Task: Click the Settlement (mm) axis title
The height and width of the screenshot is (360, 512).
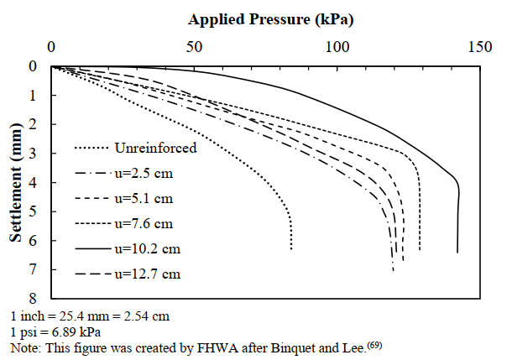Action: pos(18,181)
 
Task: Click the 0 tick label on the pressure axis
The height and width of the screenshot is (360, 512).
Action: pos(51,47)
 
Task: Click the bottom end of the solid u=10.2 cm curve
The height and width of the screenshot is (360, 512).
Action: pos(457,252)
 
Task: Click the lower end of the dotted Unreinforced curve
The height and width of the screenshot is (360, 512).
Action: pos(291,249)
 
